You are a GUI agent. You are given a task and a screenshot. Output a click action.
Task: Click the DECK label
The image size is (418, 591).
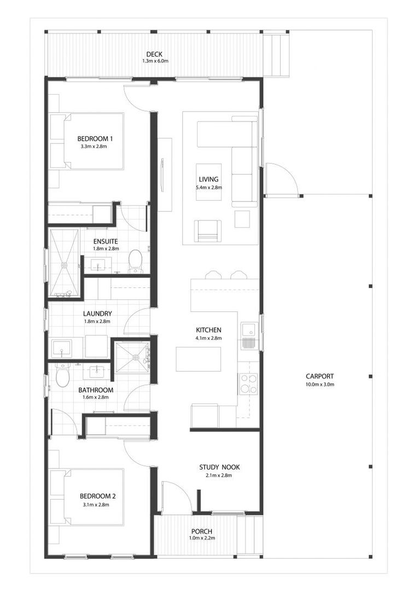(154, 55)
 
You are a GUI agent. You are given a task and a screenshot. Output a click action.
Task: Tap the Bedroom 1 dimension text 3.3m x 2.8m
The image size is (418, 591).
(94, 146)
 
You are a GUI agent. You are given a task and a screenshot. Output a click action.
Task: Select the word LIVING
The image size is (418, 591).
(209, 179)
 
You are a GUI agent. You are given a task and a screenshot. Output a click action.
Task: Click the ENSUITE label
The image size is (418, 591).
(106, 242)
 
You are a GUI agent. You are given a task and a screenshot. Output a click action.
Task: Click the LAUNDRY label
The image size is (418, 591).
(97, 314)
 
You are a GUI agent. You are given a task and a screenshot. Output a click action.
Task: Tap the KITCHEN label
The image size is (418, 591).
(208, 330)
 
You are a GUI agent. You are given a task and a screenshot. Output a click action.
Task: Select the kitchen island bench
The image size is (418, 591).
(198, 359)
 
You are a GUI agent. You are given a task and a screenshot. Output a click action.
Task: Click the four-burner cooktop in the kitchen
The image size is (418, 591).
(248, 384)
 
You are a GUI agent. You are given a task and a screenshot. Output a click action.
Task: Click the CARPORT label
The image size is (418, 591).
(320, 376)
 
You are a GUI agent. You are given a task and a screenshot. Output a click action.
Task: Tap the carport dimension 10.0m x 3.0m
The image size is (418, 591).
(320, 385)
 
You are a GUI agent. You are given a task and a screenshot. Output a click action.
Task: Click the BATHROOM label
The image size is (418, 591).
(96, 390)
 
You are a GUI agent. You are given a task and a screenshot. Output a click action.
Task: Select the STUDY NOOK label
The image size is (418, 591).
(219, 467)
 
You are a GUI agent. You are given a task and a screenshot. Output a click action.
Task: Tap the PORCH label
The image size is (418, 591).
(202, 531)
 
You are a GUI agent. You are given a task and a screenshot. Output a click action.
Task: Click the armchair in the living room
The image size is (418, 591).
(208, 231)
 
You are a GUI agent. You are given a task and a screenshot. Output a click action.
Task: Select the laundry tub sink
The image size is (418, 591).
(61, 349)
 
